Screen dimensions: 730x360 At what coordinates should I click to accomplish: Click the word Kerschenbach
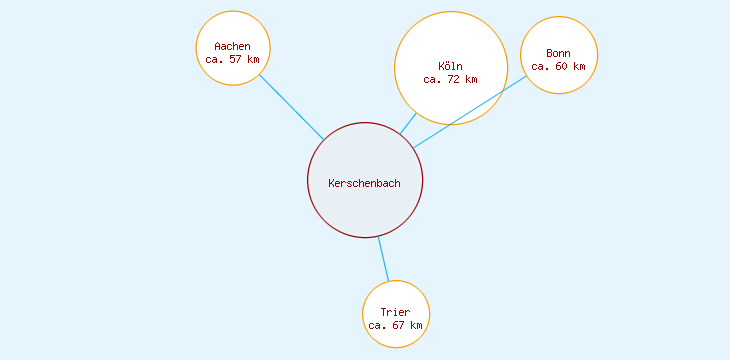[x=364, y=182]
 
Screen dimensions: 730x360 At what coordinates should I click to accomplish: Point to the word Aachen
[x=232, y=46]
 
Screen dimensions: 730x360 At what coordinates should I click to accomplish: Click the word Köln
[x=450, y=66]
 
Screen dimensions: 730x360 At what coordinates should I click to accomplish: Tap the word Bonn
[x=559, y=53]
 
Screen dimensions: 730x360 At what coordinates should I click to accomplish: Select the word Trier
[x=395, y=312]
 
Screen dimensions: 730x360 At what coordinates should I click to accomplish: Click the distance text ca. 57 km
[x=232, y=59]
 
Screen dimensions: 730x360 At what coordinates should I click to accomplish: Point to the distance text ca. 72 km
[x=450, y=79]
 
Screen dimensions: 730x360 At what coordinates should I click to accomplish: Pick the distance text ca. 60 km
[x=559, y=66]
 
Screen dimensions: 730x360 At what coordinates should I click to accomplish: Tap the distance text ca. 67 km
[x=395, y=325]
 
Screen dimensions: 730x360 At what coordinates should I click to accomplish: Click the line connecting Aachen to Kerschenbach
[x=291, y=107]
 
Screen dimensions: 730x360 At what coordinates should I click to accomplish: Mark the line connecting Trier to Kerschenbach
[x=383, y=259]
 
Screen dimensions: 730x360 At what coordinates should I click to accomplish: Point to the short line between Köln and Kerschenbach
[x=408, y=124]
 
